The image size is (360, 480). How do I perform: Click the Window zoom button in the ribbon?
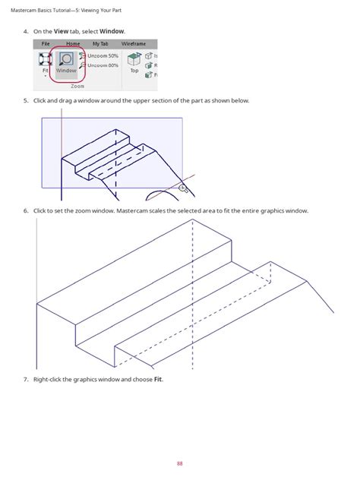click(66, 62)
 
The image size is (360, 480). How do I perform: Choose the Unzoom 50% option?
click(103, 55)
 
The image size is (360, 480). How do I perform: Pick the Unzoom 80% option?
click(103, 65)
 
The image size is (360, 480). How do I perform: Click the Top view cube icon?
click(134, 61)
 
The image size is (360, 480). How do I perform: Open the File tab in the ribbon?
click(46, 44)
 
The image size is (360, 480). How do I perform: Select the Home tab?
click(73, 44)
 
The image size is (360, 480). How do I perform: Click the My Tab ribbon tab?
click(100, 44)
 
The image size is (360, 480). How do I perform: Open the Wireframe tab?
click(134, 44)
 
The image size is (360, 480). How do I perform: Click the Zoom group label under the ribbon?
click(77, 87)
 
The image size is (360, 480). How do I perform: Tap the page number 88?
click(180, 463)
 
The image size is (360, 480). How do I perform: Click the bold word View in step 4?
click(61, 31)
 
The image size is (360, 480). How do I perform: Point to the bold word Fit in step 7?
click(158, 380)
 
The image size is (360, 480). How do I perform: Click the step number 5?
click(25, 101)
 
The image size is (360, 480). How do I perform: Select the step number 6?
click(25, 210)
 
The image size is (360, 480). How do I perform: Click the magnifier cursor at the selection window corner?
click(182, 187)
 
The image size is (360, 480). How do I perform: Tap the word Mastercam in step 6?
click(134, 210)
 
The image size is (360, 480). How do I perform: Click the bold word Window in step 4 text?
click(112, 31)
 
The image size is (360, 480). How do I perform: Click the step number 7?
click(25, 380)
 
